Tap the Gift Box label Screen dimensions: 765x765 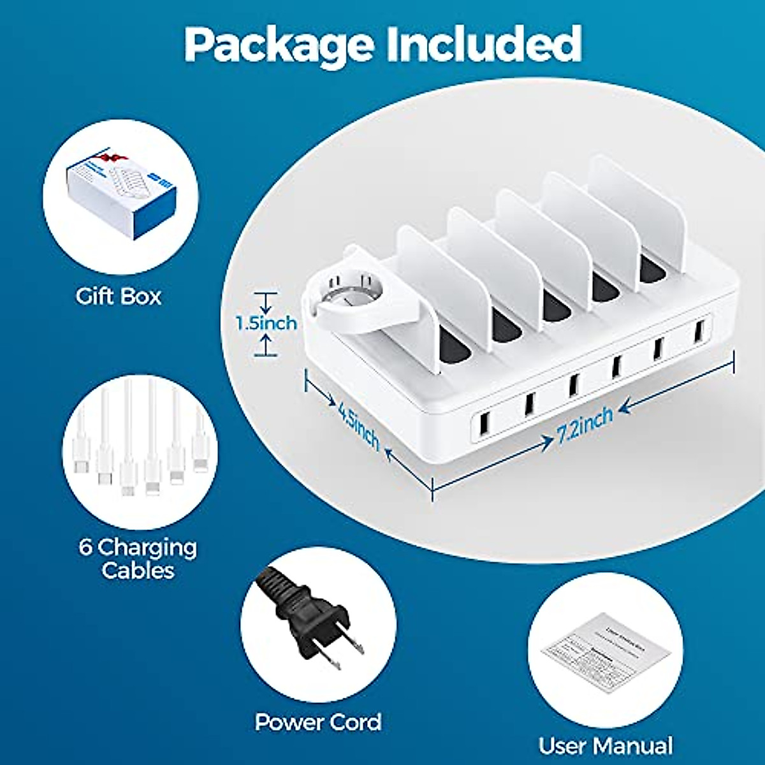click(119, 296)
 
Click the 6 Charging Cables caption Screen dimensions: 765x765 click(138, 558)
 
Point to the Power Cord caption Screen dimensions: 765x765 click(318, 722)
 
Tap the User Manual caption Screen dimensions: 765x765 click(605, 746)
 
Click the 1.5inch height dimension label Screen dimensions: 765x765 click(266, 323)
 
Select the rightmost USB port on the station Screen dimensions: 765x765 click(698, 331)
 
